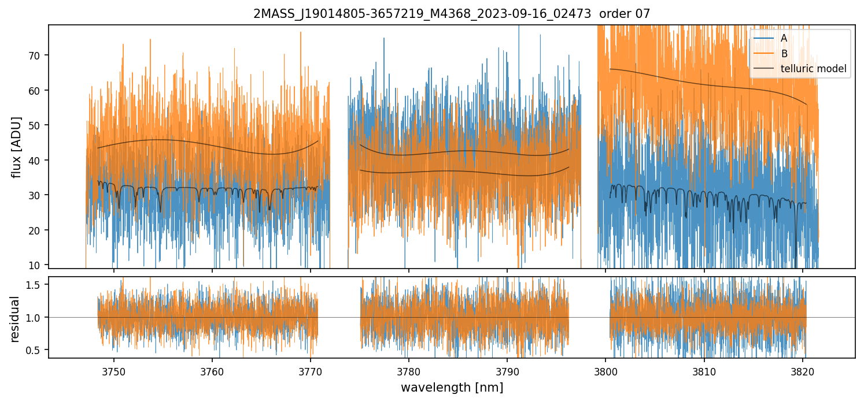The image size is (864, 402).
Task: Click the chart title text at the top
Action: pyautogui.click(x=452, y=13)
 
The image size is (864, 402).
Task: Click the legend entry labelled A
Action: pyautogui.click(x=784, y=38)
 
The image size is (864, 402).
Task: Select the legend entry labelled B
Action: pyautogui.click(x=784, y=54)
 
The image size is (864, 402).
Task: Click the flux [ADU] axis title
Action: pyautogui.click(x=17, y=147)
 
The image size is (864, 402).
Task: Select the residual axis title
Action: pyautogui.click(x=14, y=318)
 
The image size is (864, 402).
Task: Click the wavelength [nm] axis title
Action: pyautogui.click(x=452, y=388)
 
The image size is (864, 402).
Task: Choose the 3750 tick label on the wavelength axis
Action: pyautogui.click(x=114, y=370)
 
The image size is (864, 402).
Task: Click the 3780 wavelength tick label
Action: pyautogui.click(x=409, y=370)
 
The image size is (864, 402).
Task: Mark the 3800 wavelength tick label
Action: pyautogui.click(x=605, y=370)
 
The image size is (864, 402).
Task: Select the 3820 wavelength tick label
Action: pyautogui.click(x=802, y=370)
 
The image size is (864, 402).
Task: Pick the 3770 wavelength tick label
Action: pyautogui.click(x=311, y=370)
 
